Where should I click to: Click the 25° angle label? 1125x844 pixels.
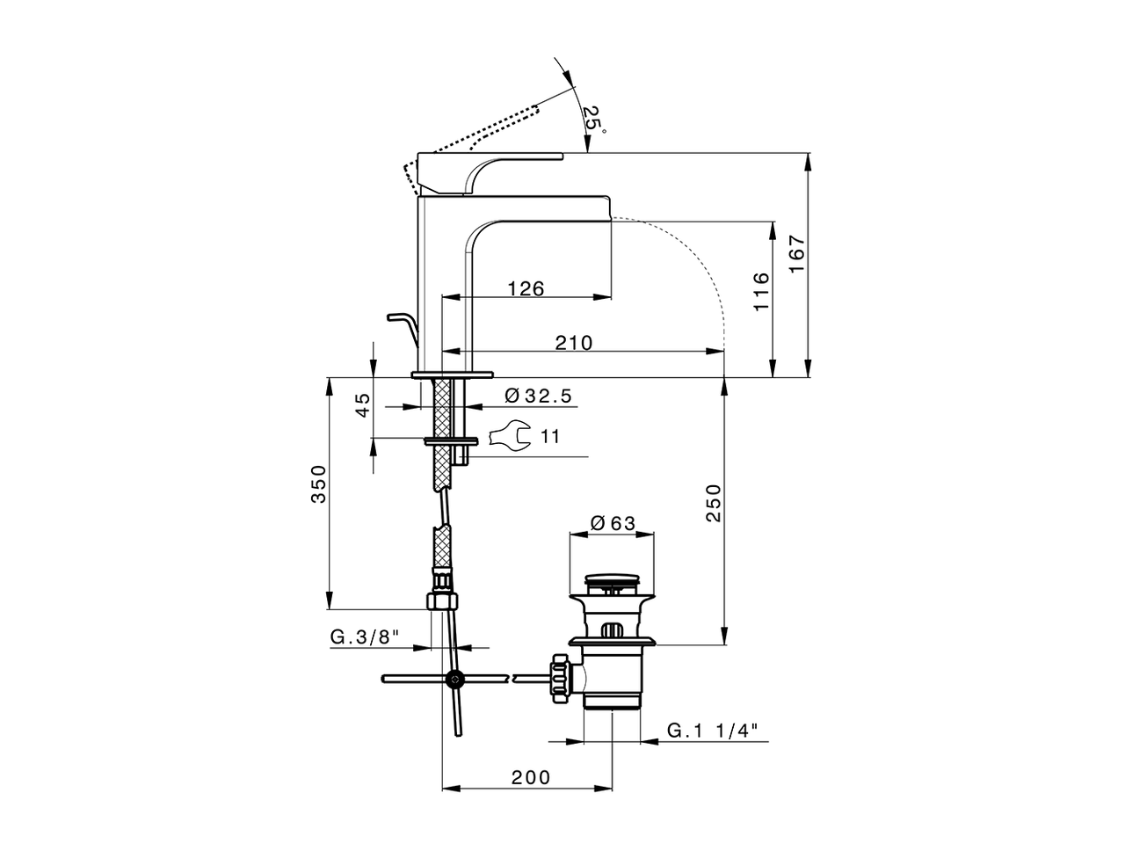point(595,120)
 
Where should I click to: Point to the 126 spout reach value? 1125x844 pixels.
point(526,288)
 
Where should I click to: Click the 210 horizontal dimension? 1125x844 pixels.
point(573,343)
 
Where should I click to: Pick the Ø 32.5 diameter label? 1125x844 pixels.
point(539,397)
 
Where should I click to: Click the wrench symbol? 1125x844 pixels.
point(509,435)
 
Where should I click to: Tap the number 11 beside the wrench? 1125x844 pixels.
point(550,436)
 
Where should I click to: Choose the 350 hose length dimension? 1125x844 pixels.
point(319,484)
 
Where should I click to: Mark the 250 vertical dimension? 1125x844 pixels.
point(714,503)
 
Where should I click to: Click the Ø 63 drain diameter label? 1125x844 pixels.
point(613,523)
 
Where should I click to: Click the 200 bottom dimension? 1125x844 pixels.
point(531,777)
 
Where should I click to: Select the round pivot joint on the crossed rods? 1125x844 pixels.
point(455,679)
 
